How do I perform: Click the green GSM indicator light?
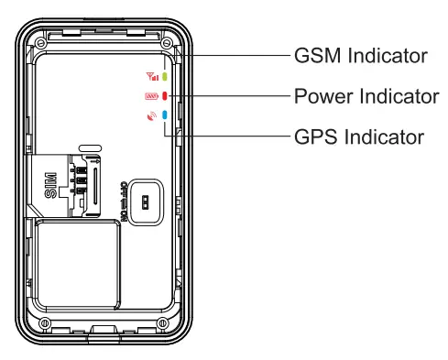pyautogui.click(x=165, y=78)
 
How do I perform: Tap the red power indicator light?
pyautogui.click(x=165, y=96)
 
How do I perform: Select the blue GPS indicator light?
pyautogui.click(x=165, y=116)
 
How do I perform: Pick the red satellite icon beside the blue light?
pyautogui.click(x=151, y=116)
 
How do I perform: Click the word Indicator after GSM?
pyautogui.click(x=388, y=56)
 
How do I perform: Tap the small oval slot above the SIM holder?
pyautogui.click(x=90, y=147)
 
